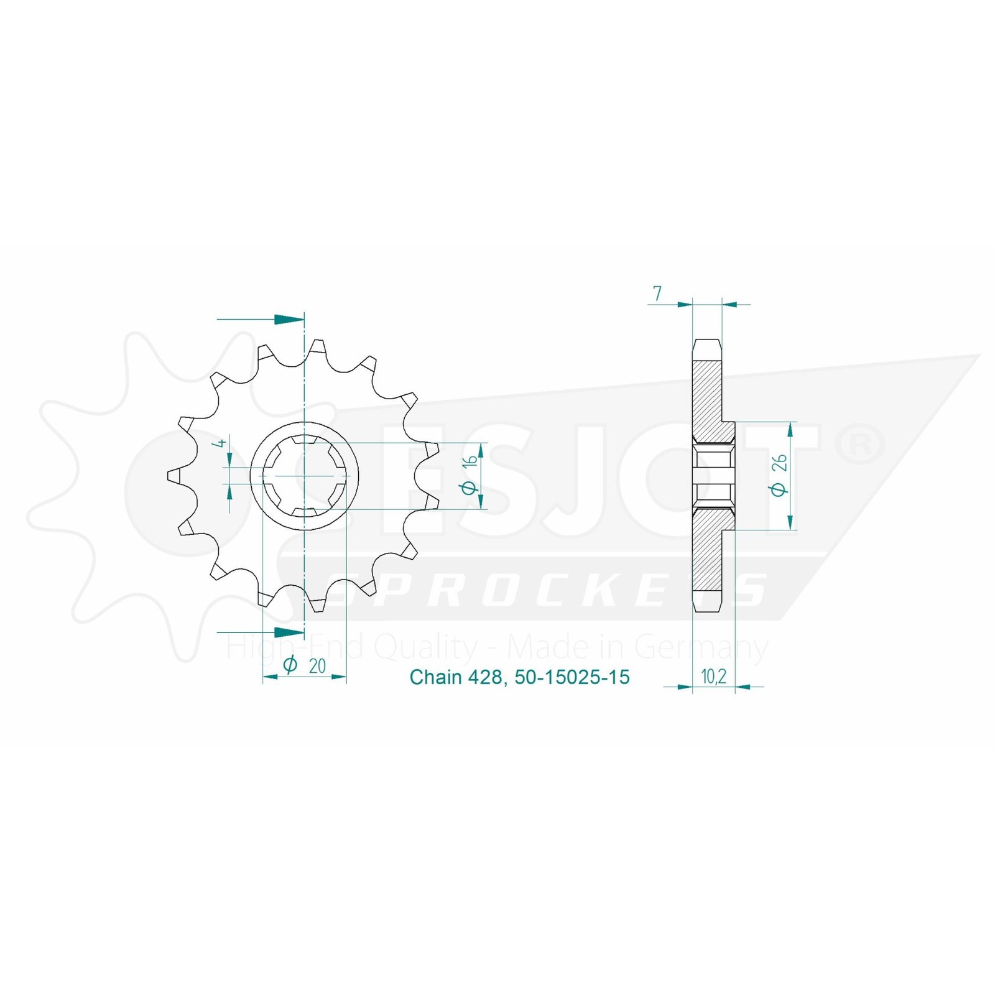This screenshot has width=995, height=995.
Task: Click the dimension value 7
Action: [657, 293]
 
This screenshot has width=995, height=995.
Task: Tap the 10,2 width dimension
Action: [713, 677]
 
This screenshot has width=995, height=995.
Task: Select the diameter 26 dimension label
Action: [779, 476]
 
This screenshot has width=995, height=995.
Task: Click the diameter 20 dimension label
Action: [305, 665]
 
